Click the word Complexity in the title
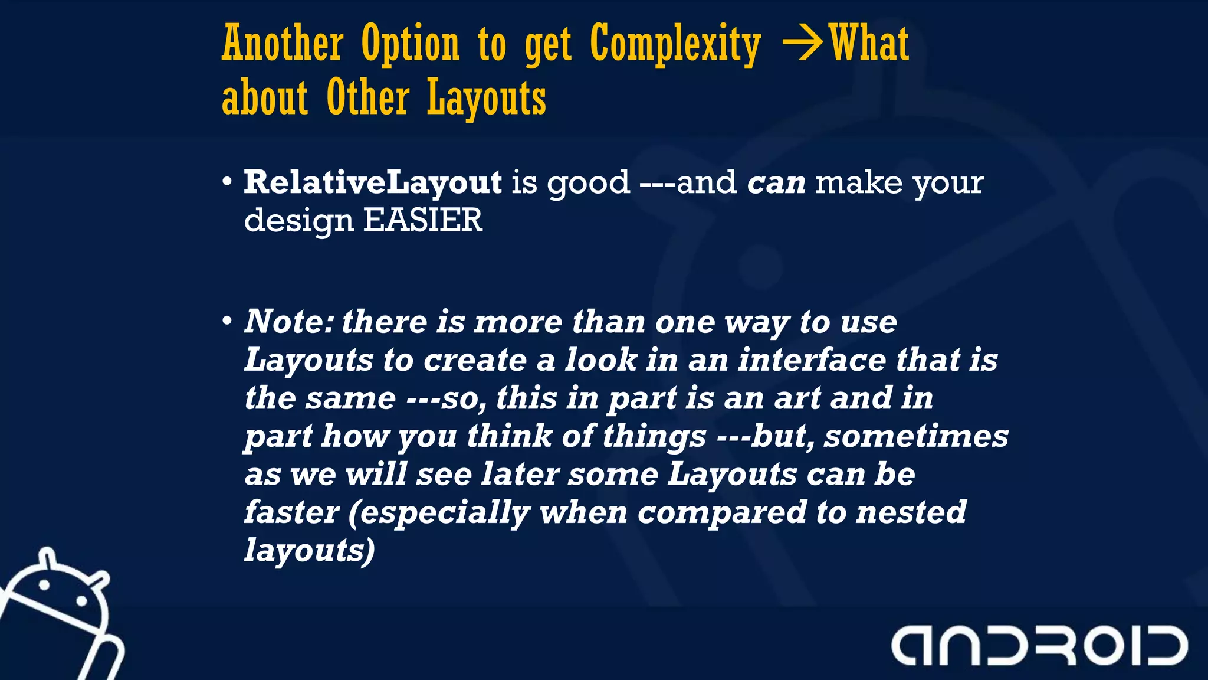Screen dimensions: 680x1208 pos(675,45)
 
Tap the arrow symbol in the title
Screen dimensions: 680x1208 pos(802,44)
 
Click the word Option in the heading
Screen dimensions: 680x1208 pos(411,45)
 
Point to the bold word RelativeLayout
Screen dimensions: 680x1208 pos(373,182)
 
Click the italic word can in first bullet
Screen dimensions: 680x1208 pos(776,183)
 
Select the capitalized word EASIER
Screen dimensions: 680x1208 pos(422,220)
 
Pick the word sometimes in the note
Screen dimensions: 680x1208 pos(916,436)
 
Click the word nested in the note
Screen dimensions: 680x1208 pos(911,512)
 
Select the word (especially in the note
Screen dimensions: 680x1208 pos(439,512)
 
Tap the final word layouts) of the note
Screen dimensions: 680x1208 pos(310,550)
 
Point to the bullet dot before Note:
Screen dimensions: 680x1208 pos(227,322)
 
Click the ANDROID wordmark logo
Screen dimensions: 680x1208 pos(1039,645)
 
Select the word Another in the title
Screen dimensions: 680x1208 pos(283,44)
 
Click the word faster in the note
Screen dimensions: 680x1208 pos(291,512)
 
